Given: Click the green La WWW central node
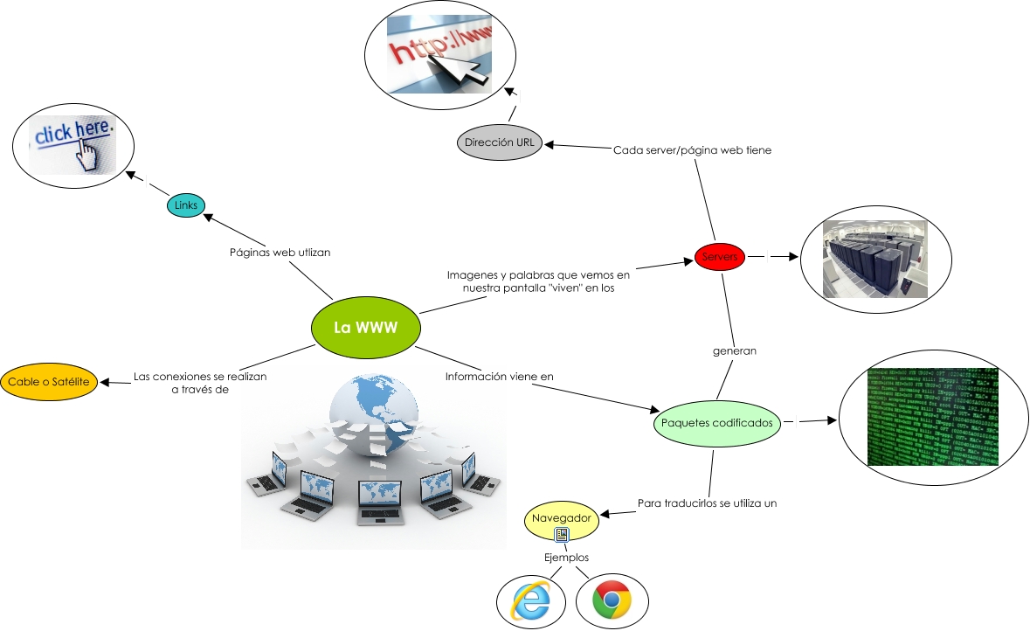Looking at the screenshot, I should (365, 329).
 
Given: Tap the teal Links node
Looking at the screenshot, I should (186, 205).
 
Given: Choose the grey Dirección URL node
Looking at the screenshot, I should (500, 142).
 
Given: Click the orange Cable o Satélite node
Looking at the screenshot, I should (50, 382).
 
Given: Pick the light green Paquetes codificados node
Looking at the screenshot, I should (716, 423).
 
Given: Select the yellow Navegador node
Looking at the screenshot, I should (562, 519).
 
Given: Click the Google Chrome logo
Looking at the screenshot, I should (612, 600).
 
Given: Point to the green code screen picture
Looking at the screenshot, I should (931, 416).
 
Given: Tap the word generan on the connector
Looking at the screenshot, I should (734, 350).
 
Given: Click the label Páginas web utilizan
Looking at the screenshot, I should (280, 252).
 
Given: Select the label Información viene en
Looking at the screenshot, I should (500, 378).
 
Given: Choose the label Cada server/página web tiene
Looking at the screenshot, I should (692, 149).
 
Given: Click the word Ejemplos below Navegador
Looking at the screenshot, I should (566, 558).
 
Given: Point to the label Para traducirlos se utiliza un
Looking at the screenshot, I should (707, 503).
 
